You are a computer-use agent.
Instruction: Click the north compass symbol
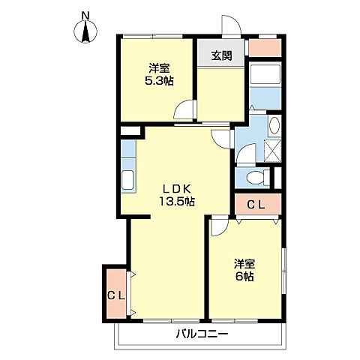(85, 32)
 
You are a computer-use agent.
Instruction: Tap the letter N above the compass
(85, 16)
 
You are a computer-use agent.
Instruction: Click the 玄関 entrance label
(222, 55)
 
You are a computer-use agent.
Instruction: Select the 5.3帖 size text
(159, 81)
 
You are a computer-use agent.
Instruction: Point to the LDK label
(177, 189)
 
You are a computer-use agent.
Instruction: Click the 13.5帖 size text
(177, 201)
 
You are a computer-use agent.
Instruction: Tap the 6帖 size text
(245, 277)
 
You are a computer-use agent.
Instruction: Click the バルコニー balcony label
(202, 334)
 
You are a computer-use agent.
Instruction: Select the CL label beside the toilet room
(256, 205)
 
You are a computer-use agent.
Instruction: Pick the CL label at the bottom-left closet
(116, 296)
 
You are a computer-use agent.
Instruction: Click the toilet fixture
(258, 178)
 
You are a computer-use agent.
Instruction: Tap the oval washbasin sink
(274, 125)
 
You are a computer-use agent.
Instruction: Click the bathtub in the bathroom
(265, 74)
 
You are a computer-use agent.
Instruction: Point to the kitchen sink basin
(127, 180)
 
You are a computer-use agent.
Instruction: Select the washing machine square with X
(273, 151)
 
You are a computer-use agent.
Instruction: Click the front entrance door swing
(231, 26)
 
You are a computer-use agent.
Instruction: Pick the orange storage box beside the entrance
(265, 47)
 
